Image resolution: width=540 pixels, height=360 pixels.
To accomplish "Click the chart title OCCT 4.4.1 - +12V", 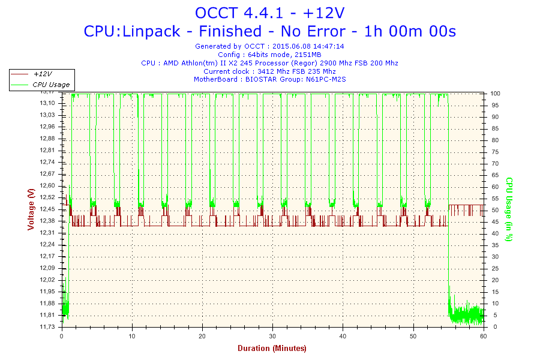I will tap(269, 13).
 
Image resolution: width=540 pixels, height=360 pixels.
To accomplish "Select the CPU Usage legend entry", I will tap(51, 85).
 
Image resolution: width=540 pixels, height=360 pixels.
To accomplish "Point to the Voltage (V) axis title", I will tap(31, 209).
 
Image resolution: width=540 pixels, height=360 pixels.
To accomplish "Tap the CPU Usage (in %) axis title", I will tap(508, 209).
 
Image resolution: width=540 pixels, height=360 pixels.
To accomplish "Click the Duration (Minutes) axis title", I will tap(272, 349).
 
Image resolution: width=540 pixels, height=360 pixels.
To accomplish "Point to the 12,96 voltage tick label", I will tap(47, 127).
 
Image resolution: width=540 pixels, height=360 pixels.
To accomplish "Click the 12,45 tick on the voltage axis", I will tap(47, 209).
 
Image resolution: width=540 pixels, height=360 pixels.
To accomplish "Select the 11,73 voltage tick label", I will tap(47, 327).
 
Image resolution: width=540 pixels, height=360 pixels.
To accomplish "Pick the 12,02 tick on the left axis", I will tap(47, 280).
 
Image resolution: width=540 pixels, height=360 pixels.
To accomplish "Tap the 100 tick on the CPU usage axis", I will tap(496, 94).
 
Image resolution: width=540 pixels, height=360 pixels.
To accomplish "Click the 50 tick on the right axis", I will tap(494, 210).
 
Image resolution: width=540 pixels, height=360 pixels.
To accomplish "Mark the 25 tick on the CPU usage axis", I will tap(494, 269).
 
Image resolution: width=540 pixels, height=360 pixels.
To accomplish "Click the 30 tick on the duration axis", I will tap(273, 336).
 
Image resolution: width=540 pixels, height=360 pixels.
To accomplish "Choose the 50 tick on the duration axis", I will tap(413, 336).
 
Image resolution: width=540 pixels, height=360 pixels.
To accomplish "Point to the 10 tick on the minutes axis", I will tap(132, 336).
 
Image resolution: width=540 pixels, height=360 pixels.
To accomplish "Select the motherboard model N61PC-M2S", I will tap(326, 79).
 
